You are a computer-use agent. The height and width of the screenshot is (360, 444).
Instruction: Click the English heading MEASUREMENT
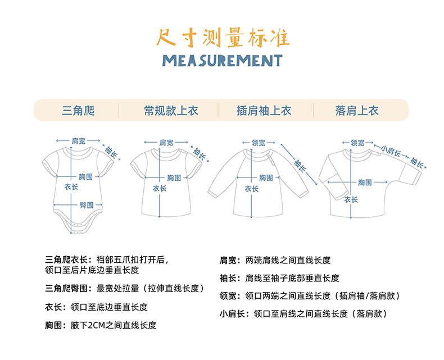(222, 61)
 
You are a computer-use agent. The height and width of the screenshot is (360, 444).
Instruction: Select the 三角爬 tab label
(78, 111)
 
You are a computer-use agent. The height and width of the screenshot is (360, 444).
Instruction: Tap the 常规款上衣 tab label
(171, 111)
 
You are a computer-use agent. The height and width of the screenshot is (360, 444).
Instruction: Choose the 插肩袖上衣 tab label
(264, 111)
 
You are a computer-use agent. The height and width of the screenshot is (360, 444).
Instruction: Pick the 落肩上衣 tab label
(357, 111)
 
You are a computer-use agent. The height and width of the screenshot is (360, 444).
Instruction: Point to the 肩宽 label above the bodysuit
(78, 140)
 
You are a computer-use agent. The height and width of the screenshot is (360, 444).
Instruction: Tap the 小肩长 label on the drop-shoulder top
(390, 152)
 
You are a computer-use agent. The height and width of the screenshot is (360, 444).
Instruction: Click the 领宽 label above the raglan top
(259, 143)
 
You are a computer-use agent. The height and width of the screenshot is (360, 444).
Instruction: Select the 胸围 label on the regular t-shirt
(174, 177)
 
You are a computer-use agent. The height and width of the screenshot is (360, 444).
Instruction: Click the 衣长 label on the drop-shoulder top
(351, 199)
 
